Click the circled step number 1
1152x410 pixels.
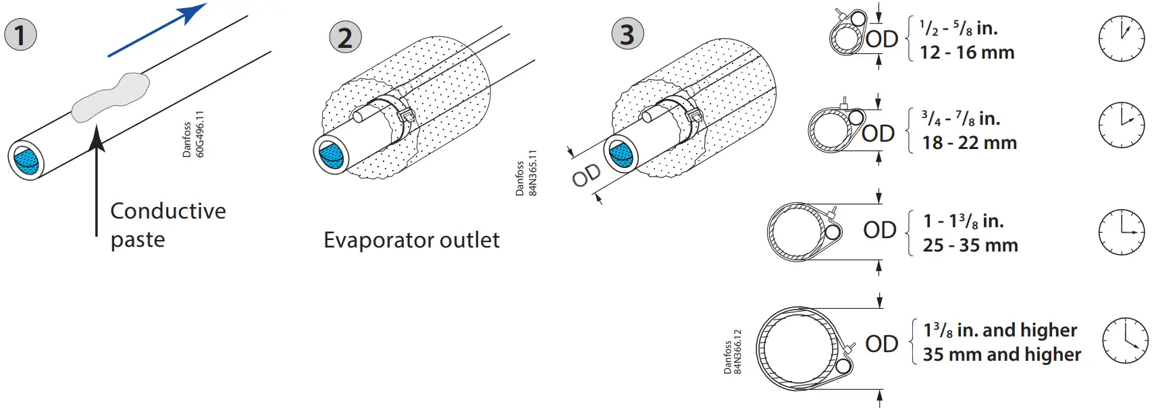[x=20, y=35]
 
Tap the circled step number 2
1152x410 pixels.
[x=345, y=37]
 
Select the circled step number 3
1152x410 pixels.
[x=627, y=34]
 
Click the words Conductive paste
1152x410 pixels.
[x=167, y=225]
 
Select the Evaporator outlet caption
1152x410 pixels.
[x=411, y=240]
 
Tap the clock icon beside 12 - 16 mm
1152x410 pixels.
[x=1121, y=38]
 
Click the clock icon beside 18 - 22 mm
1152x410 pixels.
[x=1121, y=125]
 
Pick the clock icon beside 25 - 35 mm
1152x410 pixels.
[x=1121, y=231]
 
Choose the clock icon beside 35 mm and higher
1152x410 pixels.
[x=1125, y=341]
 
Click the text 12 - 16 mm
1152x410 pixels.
[x=967, y=53]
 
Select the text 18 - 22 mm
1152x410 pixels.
[x=969, y=143]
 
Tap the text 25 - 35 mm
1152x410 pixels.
[x=970, y=245]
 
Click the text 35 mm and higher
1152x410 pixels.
[x=1001, y=355]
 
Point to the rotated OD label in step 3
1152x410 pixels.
[x=585, y=175]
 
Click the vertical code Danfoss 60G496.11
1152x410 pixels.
[x=193, y=135]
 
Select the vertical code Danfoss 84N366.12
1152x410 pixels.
[x=732, y=352]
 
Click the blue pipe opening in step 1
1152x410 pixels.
[x=26, y=160]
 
